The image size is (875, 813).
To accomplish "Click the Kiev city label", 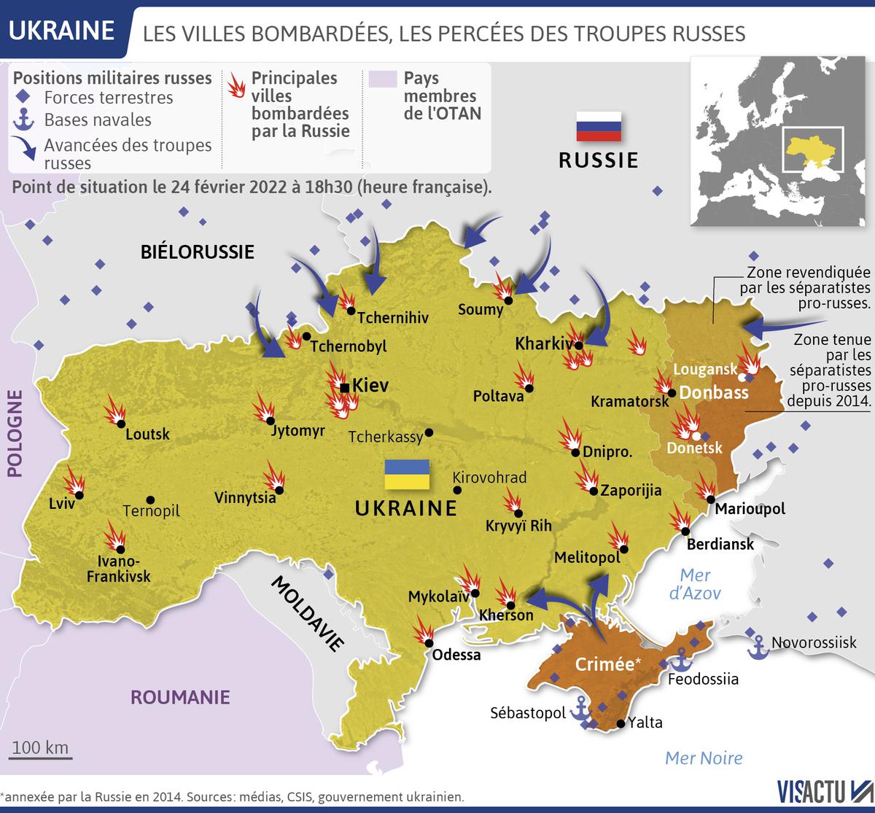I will point(370,385).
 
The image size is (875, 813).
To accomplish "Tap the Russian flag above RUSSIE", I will point(599,126).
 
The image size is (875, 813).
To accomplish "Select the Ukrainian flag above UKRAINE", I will point(408,475).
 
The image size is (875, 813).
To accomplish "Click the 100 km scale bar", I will point(41,754).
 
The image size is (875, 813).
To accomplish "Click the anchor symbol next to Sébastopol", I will point(581,709).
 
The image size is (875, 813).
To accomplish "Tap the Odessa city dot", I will point(429,643).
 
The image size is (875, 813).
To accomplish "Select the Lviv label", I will point(61,504).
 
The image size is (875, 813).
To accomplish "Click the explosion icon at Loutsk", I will point(114,411).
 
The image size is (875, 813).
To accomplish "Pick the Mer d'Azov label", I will point(695,583).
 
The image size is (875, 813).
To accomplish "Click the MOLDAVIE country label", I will point(307,613).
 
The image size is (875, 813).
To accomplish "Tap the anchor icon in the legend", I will point(26,120).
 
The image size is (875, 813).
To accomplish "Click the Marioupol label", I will point(750,508).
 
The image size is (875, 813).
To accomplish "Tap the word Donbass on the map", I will point(714,392).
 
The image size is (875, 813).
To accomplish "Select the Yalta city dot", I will point(620,724).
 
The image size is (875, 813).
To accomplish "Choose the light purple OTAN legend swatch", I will point(382,79).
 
